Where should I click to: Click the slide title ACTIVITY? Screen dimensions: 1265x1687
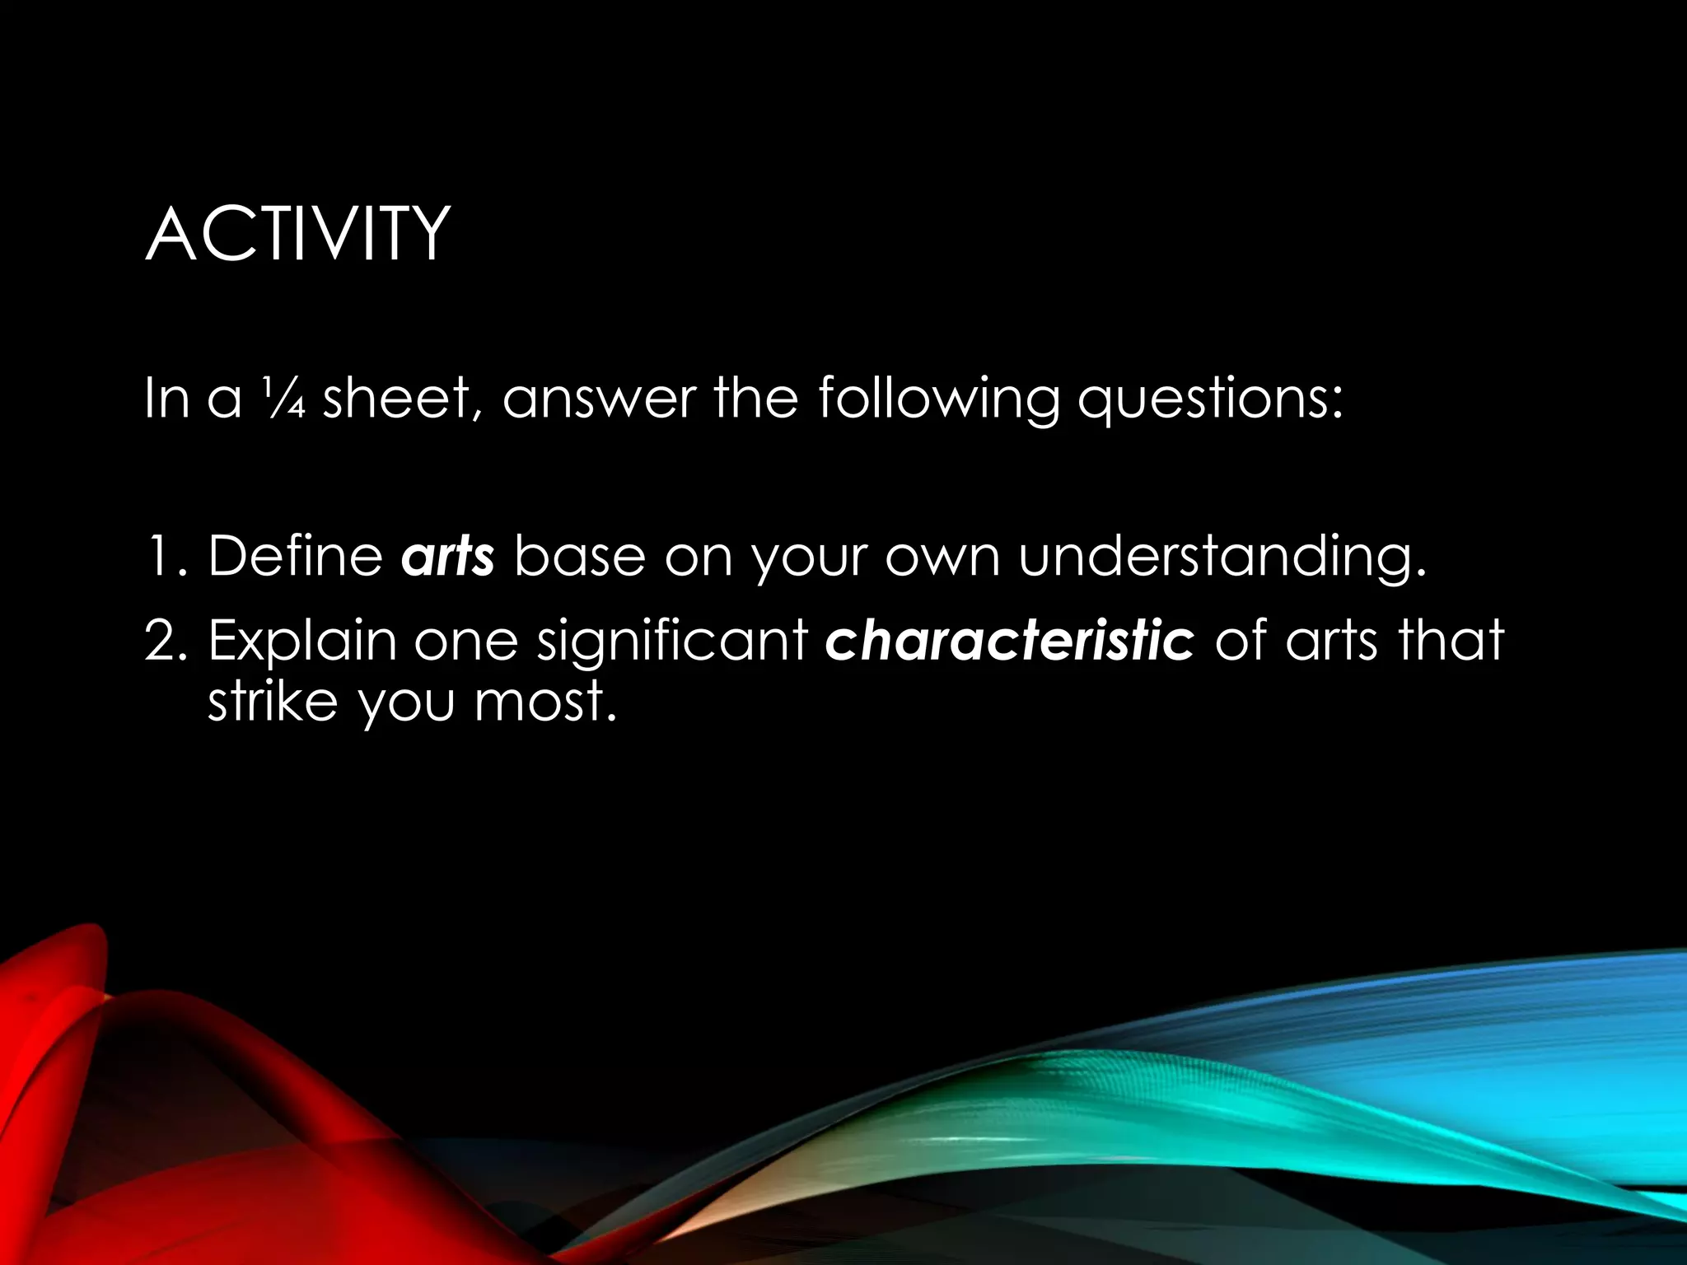[x=297, y=235]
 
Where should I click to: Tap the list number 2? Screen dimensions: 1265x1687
[x=166, y=640]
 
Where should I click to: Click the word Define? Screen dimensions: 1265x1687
[x=295, y=556]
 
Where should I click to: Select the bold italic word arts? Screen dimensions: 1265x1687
[x=447, y=557]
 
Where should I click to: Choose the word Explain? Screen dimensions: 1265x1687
[x=301, y=642]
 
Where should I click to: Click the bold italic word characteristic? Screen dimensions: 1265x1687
[x=1009, y=640]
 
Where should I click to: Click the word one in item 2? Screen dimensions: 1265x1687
[x=465, y=642]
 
